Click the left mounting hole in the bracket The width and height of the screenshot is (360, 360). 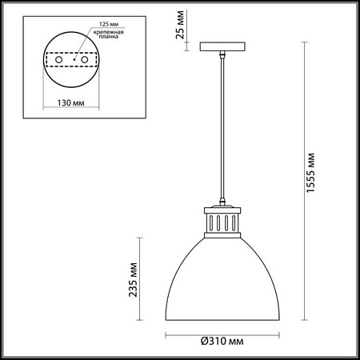(57, 59)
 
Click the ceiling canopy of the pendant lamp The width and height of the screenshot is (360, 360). (218, 46)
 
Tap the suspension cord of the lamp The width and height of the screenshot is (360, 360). (218, 128)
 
